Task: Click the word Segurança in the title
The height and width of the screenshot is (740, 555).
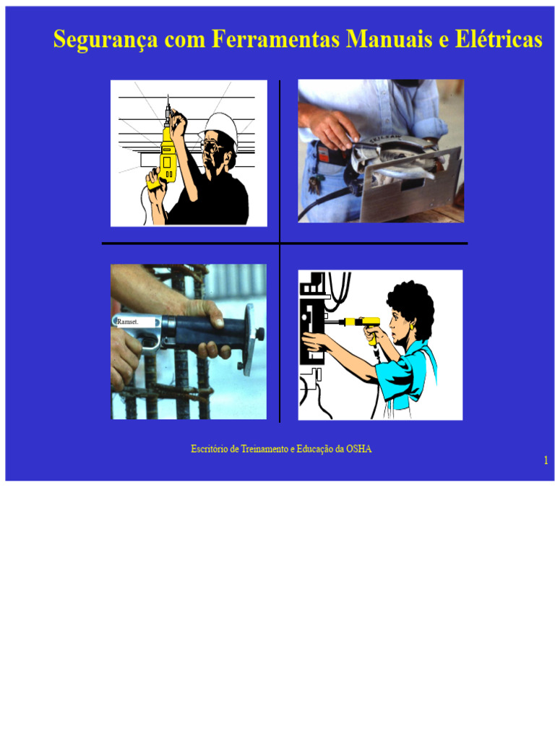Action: coord(106,40)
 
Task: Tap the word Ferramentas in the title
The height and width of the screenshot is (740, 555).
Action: coord(275,39)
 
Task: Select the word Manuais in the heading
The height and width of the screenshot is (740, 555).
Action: coord(390,39)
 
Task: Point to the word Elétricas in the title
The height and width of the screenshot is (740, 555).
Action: coord(499,39)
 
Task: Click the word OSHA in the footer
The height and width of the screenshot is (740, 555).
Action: coord(358,449)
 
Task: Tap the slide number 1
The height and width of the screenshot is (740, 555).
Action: coord(546,460)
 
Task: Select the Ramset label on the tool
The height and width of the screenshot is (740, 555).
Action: coord(127,322)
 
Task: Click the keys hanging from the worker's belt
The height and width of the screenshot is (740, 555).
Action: coord(315,184)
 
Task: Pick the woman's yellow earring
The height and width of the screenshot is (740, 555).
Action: coord(412,326)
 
